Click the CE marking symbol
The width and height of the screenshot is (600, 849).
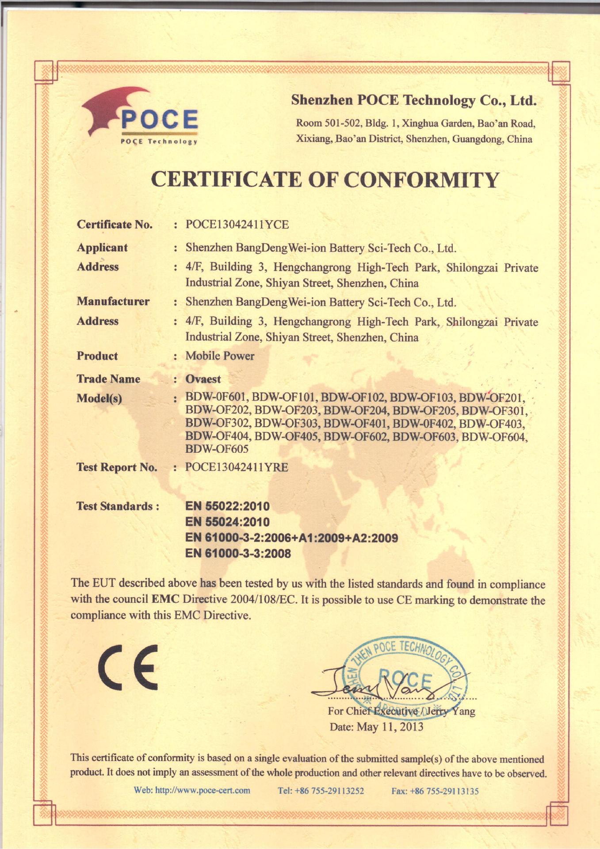click(x=128, y=667)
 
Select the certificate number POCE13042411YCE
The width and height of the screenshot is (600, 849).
click(x=237, y=225)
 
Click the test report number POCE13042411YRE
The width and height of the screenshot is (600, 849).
click(x=237, y=467)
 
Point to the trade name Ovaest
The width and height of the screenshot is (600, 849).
click(x=203, y=379)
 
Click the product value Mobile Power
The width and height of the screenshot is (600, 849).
click(x=220, y=356)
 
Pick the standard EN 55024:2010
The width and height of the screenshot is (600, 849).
click(x=227, y=522)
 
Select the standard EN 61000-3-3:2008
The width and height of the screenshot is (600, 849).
click(x=238, y=554)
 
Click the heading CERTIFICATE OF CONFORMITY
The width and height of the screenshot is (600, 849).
click(x=325, y=180)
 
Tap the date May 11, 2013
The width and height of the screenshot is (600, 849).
click(x=390, y=727)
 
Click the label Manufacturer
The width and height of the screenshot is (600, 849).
click(x=113, y=302)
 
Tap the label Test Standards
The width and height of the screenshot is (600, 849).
click(x=118, y=506)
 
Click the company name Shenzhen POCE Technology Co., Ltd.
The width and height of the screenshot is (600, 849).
click(x=413, y=100)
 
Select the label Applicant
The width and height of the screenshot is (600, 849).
click(x=102, y=248)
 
